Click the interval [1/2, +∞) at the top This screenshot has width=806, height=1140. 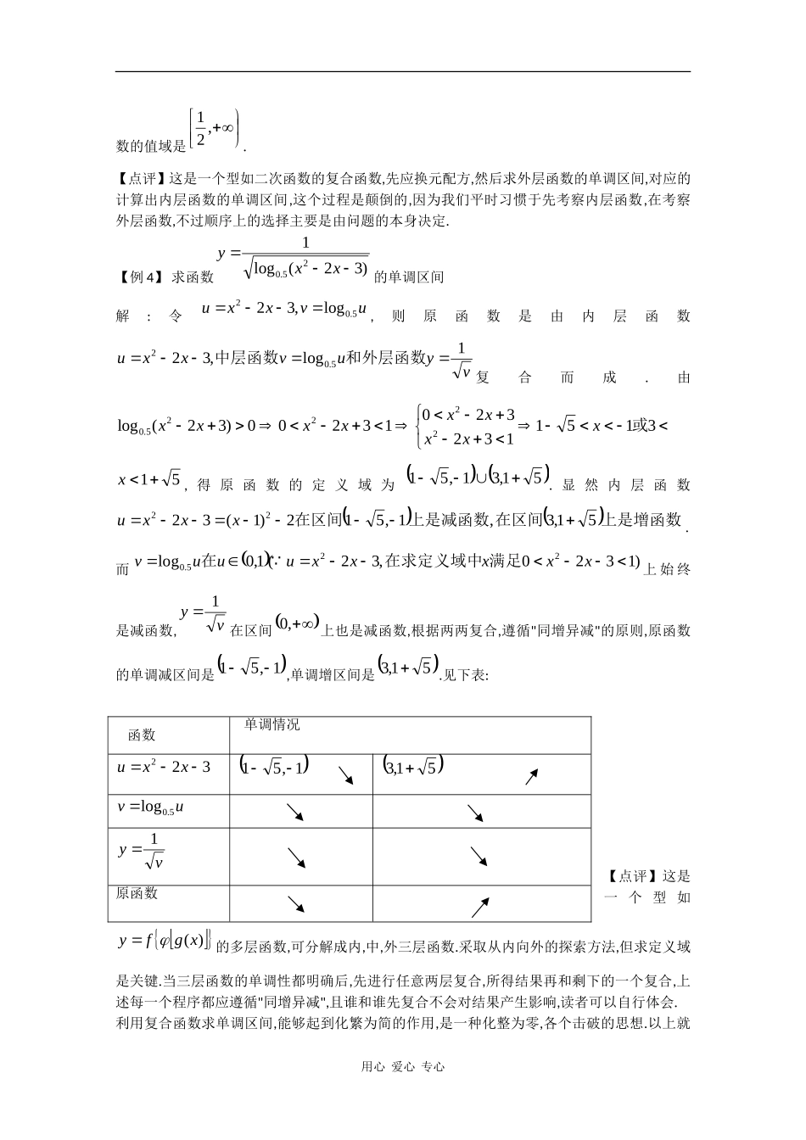(x=215, y=128)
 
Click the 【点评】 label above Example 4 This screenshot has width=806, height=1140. (x=141, y=179)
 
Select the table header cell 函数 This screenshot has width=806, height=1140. (x=142, y=735)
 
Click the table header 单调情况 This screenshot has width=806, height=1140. (x=271, y=724)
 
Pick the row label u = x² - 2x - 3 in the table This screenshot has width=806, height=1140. (x=163, y=767)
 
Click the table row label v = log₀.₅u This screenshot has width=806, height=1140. (x=150, y=808)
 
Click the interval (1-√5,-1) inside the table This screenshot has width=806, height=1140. (x=275, y=766)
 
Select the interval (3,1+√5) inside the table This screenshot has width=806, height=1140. (x=412, y=766)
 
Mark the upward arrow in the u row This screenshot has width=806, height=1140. (x=531, y=776)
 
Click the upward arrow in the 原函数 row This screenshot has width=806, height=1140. (x=480, y=907)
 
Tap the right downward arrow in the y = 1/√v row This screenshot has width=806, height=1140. (x=479, y=858)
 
